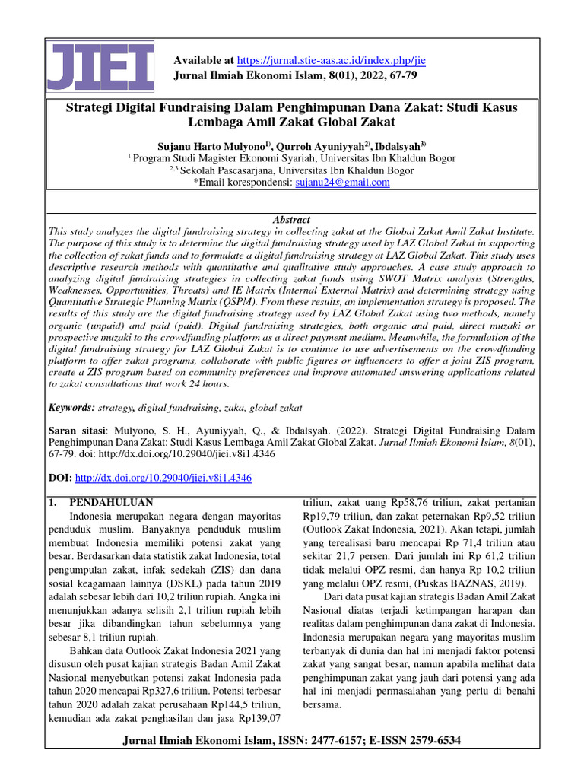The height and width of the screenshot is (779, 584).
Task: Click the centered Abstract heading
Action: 291,219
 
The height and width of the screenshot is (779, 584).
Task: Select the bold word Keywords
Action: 71,408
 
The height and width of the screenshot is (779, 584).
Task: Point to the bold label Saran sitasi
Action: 75,430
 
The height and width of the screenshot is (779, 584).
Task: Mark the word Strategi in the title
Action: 88,107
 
